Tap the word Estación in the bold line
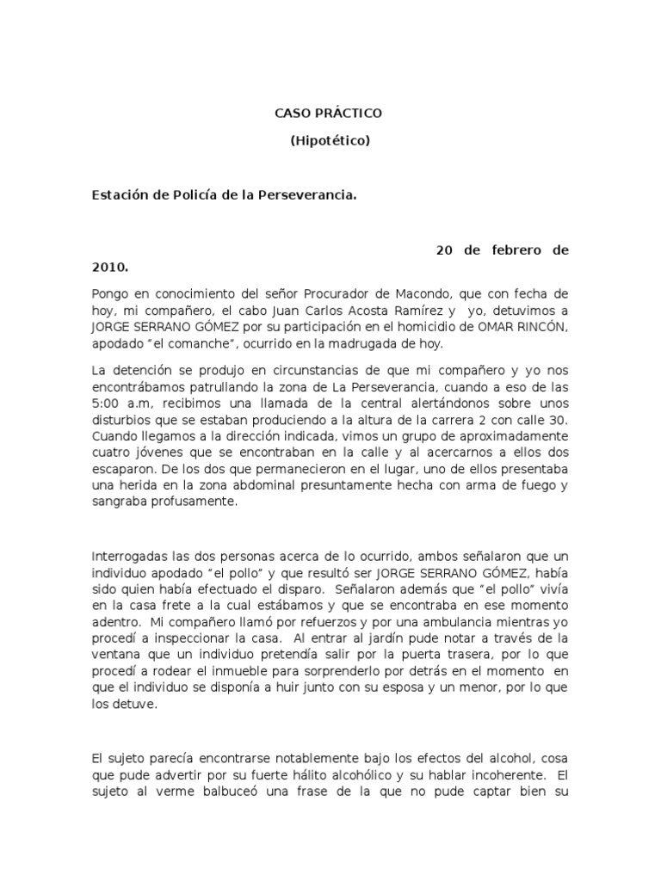point(119,195)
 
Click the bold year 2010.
point(110,268)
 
